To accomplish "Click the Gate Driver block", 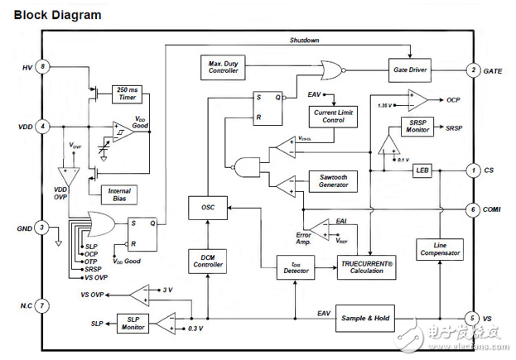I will [411, 70].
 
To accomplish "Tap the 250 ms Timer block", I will [127, 94].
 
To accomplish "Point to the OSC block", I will [208, 206].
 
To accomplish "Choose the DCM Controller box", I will [208, 262].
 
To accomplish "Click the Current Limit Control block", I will [332, 116].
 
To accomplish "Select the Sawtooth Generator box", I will [332, 181].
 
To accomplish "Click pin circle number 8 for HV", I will [42, 66].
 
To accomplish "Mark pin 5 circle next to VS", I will [472, 318].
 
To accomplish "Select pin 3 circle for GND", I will [42, 228].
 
